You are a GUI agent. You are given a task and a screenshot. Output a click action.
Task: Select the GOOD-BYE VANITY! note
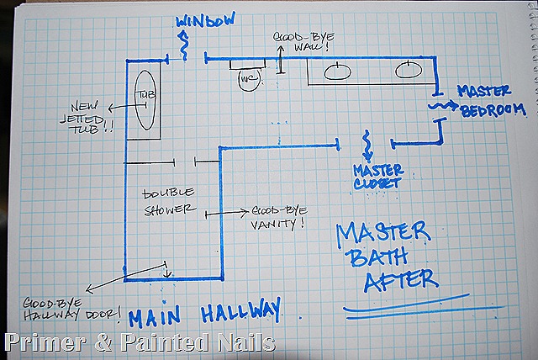click(x=275, y=218)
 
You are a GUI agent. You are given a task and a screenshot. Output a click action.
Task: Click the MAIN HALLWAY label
click(x=205, y=313)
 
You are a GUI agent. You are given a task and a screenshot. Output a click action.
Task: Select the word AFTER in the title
click(x=398, y=277)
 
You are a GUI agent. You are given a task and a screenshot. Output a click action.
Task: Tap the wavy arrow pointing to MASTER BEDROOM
click(x=442, y=107)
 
